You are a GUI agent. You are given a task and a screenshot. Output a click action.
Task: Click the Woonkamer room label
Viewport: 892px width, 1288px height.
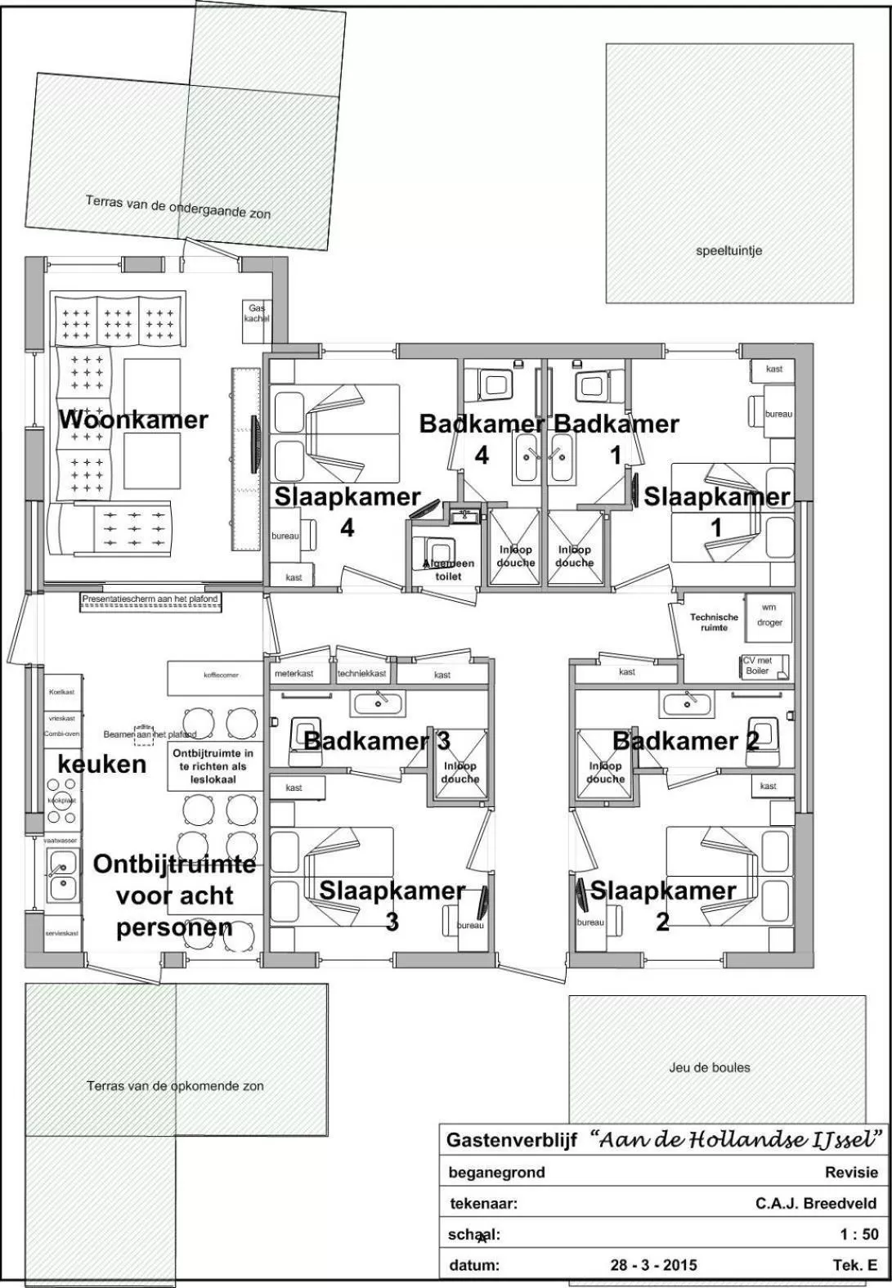[x=133, y=420]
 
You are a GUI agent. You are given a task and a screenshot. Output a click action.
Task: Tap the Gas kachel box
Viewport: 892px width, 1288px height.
[x=256, y=313]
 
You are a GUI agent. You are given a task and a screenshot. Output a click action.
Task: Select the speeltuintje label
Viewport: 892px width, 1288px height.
[x=728, y=251]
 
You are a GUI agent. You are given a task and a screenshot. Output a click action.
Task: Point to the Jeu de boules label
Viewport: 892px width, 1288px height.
[x=709, y=1067]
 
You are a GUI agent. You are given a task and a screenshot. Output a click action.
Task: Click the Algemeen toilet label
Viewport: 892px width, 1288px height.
[x=447, y=570]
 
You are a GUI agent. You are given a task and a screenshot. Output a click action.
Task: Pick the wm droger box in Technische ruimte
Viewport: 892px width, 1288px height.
[x=769, y=615]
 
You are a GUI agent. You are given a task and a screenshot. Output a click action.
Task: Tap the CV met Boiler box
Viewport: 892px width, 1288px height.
[x=764, y=666]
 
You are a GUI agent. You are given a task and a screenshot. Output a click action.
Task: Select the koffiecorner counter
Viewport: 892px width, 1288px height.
[x=215, y=676]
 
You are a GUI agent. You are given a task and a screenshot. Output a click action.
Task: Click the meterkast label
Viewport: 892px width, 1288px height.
[x=294, y=674]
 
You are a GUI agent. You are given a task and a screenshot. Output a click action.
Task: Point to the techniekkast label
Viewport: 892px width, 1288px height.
[x=361, y=674]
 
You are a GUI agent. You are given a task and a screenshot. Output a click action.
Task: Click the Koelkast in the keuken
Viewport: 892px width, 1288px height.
[x=61, y=692]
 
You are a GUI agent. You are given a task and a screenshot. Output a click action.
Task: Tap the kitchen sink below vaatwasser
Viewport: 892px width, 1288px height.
[x=61, y=874]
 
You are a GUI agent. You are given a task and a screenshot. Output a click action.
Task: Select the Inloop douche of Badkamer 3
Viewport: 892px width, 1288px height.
[x=459, y=773]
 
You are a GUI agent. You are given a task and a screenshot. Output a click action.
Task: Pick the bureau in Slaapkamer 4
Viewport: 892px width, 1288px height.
[x=285, y=536]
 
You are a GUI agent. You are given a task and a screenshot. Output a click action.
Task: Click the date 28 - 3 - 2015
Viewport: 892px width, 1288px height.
[x=653, y=1265]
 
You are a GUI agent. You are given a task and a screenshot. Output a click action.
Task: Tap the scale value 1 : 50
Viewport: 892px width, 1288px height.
[x=858, y=1235]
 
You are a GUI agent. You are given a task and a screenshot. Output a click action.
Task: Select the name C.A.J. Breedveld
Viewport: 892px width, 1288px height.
[x=815, y=1203]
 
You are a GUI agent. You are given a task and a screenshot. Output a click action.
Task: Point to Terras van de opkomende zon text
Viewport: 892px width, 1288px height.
[x=175, y=1086]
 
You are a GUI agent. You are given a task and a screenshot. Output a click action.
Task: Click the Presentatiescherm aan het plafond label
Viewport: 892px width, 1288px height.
[x=151, y=599]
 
